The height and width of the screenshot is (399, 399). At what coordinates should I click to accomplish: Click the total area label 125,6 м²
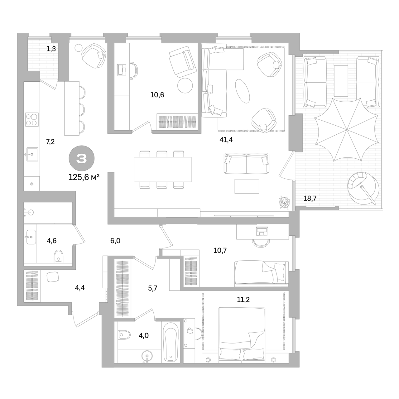(84, 177)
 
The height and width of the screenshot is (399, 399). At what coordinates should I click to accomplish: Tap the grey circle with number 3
(82, 158)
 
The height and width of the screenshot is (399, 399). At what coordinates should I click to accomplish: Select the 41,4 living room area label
(226, 140)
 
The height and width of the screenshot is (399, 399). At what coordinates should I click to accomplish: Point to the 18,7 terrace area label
(310, 198)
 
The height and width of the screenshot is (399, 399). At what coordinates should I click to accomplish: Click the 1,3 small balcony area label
(51, 49)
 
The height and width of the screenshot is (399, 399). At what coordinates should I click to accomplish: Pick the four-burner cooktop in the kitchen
(32, 119)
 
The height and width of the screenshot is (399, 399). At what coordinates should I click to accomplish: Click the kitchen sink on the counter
(32, 154)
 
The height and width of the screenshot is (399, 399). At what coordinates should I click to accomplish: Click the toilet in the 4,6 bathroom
(58, 257)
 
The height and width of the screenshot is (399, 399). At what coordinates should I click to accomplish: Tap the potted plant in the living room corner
(285, 202)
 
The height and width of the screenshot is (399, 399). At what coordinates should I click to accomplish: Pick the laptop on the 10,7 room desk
(262, 231)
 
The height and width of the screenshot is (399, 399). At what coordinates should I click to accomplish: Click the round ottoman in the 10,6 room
(185, 85)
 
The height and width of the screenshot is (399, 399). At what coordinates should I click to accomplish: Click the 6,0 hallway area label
(115, 241)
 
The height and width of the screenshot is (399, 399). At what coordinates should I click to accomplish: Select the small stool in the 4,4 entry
(53, 277)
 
